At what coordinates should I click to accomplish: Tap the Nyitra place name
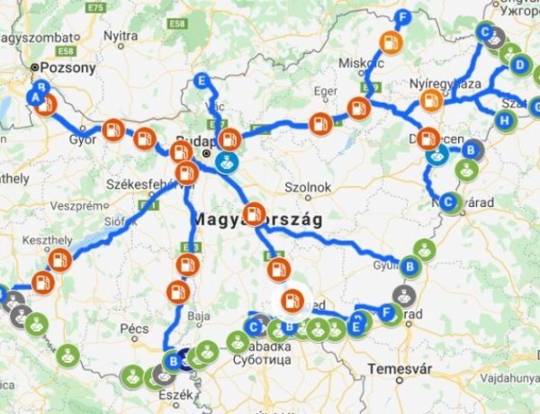121,35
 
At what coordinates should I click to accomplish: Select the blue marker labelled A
37,96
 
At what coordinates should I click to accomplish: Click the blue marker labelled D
518,65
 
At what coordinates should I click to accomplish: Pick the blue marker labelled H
505,120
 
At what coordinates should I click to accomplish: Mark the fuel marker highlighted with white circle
291,301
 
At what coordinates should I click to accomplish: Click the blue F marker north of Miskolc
403,18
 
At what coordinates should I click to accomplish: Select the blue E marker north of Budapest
202,81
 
